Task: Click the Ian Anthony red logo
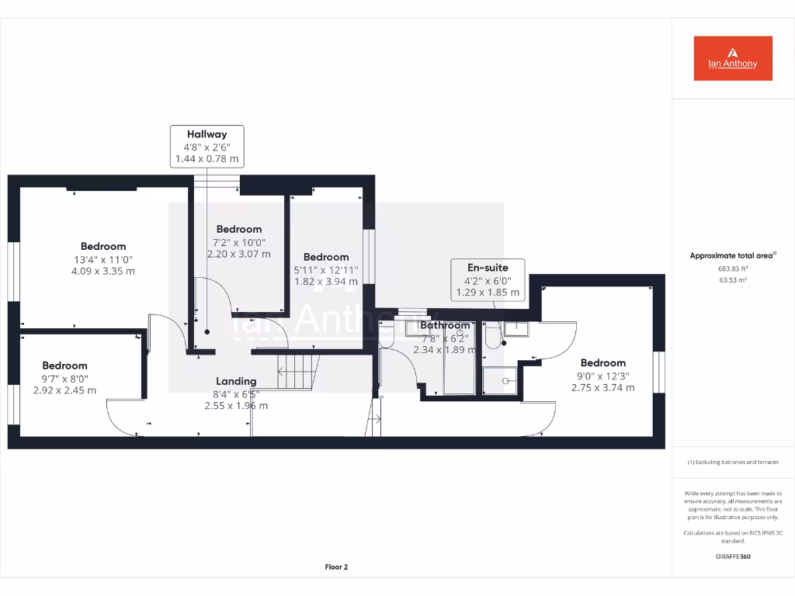click(733, 58)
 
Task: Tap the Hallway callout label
click(207, 146)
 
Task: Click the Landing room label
click(236, 381)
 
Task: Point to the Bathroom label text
click(446, 325)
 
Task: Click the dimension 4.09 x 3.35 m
click(103, 272)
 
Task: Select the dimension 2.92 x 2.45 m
click(64, 390)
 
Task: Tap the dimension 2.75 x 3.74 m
click(602, 388)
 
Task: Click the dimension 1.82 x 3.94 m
click(326, 282)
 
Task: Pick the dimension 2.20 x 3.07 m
click(239, 254)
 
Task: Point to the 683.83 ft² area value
click(733, 269)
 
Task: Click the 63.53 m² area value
click(733, 279)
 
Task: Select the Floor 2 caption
click(336, 567)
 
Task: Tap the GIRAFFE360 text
click(733, 556)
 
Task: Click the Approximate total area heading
click(733, 255)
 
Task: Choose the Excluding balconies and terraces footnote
click(733, 463)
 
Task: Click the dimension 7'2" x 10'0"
click(239, 241)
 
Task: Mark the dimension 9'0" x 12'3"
click(602, 376)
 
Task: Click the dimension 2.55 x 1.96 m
click(236, 406)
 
